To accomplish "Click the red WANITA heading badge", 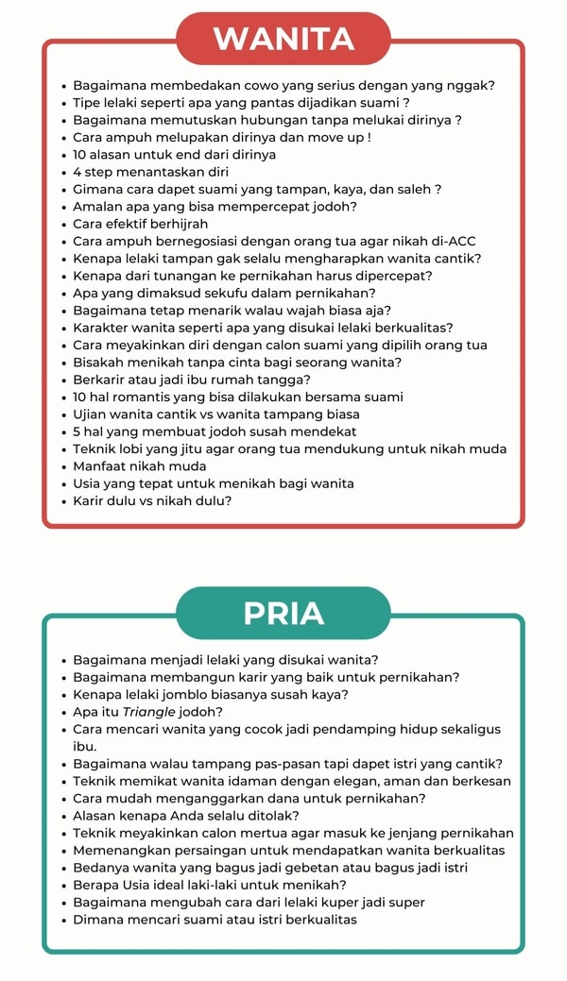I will click(283, 39).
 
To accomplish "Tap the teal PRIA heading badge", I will click(283, 613).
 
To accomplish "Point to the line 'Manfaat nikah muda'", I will click(140, 466).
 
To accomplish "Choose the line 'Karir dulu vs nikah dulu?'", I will click(152, 500).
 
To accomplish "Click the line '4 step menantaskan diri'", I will click(150, 172).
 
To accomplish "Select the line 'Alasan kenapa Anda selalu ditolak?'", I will click(186, 816).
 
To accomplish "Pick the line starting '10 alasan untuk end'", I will click(175, 155).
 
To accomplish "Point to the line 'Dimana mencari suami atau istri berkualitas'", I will click(215, 920).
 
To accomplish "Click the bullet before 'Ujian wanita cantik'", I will click(62, 414).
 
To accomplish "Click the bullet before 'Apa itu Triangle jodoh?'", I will click(62, 713).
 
